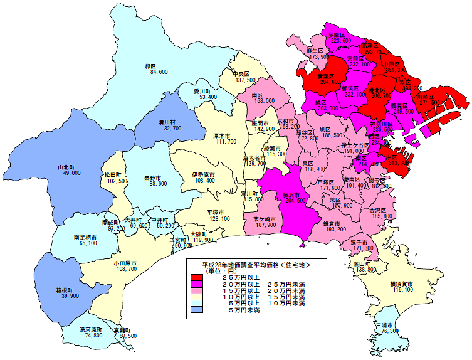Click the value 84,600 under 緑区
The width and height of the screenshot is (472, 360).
pyautogui.click(x=159, y=73)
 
